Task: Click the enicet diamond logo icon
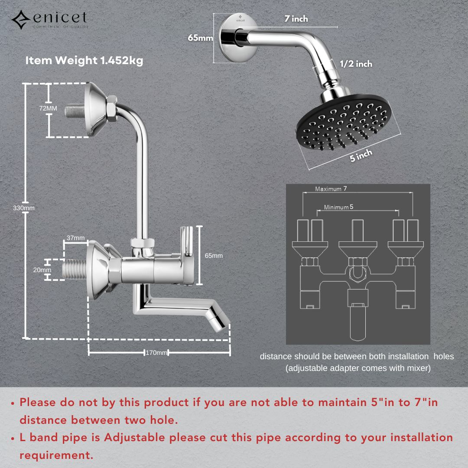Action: coord(21,20)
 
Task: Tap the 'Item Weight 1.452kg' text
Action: coord(84,61)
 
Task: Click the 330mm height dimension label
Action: coord(23,208)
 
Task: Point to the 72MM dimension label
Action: coord(48,108)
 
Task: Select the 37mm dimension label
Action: coord(75,238)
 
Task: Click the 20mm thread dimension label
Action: coord(42,270)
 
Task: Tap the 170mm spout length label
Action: coord(156,353)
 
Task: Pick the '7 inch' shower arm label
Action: coord(296,19)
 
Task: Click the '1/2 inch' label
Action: coord(356,64)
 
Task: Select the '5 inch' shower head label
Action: coord(361,155)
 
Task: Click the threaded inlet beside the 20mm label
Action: coord(74,270)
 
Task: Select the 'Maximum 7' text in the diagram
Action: coord(331,188)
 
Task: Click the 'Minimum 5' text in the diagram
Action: coord(338,207)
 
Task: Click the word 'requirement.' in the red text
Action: coord(56,455)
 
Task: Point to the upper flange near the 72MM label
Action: coord(95,110)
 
